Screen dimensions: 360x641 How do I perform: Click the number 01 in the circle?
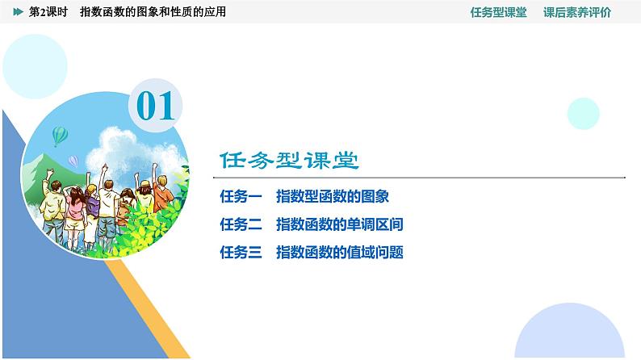click(x=156, y=106)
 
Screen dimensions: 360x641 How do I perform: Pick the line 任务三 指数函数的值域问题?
click(x=311, y=253)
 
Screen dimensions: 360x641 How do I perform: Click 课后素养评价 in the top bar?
click(x=577, y=13)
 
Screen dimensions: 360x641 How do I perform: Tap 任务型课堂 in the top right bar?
click(x=497, y=13)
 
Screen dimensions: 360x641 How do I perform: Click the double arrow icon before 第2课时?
click(x=19, y=13)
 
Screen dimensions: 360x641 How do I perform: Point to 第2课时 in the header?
click(x=48, y=13)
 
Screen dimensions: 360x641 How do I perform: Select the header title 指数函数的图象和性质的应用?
click(x=153, y=13)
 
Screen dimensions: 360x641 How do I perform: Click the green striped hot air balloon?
click(x=59, y=135)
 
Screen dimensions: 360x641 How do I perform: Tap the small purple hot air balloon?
click(x=73, y=161)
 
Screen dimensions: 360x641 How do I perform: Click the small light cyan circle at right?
click(x=583, y=113)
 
